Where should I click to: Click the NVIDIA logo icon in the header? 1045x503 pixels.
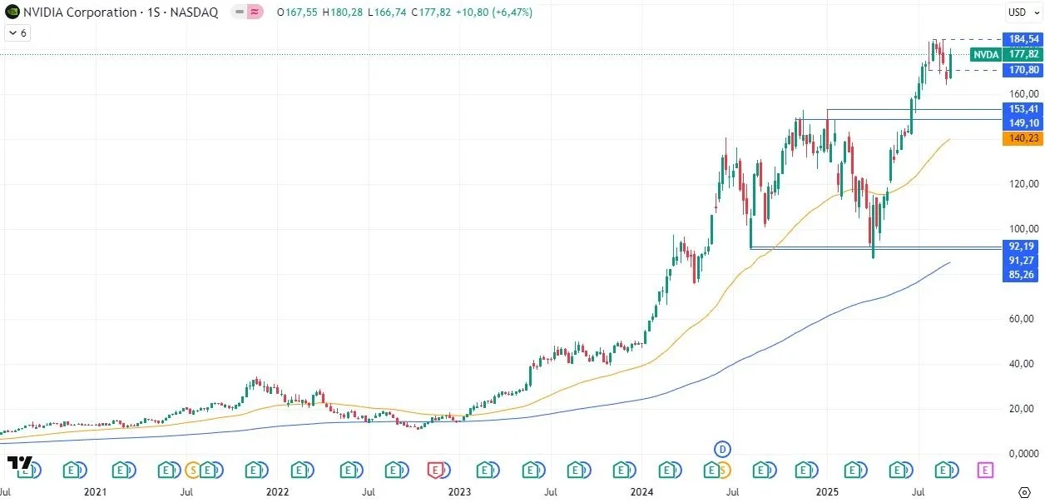coord(12,12)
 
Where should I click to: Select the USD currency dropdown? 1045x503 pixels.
coord(1021,12)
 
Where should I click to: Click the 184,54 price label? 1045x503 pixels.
coord(1023,39)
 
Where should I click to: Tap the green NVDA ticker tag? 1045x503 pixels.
coord(986,54)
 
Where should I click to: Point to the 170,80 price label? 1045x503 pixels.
coord(1023,70)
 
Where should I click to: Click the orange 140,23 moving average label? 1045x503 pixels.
coord(1023,139)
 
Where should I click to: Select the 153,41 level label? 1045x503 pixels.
coord(1023,109)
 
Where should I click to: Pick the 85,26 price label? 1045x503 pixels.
coord(1023,275)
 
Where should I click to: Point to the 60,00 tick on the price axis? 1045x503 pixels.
coord(1021,319)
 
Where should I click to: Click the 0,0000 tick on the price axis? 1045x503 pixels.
coord(1021,454)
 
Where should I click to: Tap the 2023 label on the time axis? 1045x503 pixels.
coord(459,492)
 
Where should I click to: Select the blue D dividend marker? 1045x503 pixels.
coord(722,450)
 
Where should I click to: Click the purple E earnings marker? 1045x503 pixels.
coord(985,471)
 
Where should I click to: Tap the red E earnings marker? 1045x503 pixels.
coord(437,471)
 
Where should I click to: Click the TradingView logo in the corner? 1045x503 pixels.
coord(19,463)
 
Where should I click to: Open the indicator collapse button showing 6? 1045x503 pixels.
coord(17,33)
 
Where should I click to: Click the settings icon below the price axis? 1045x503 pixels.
coord(1025,492)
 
